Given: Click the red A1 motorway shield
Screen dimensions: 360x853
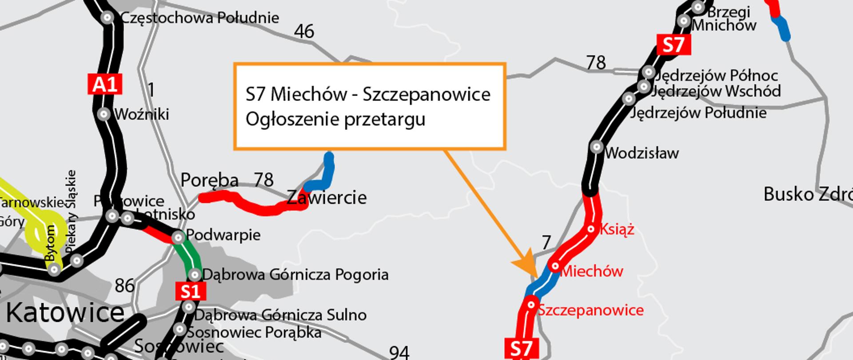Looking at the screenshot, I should click(x=105, y=84).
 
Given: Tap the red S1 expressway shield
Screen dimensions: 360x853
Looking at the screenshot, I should click(x=191, y=291).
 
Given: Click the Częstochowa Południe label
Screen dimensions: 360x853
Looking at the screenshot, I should click(x=199, y=18).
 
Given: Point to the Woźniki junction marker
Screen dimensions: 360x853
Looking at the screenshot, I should click(x=104, y=114).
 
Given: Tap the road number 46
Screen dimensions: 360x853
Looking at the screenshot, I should click(x=304, y=32).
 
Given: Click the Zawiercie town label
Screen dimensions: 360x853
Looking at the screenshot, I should click(x=327, y=197).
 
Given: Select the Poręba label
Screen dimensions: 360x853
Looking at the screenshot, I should click(x=209, y=180).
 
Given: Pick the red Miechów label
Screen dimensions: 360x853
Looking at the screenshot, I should click(x=592, y=271).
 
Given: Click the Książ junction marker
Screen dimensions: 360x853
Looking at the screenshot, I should click(x=591, y=229).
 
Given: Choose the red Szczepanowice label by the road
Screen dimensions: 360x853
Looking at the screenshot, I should click(x=590, y=310).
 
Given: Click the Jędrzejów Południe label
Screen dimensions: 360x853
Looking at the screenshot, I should click(x=698, y=113).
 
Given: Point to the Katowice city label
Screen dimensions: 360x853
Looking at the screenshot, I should click(x=65, y=313).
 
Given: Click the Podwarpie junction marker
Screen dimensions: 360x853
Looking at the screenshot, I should click(x=178, y=237).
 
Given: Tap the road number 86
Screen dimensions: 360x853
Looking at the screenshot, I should click(x=124, y=285).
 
